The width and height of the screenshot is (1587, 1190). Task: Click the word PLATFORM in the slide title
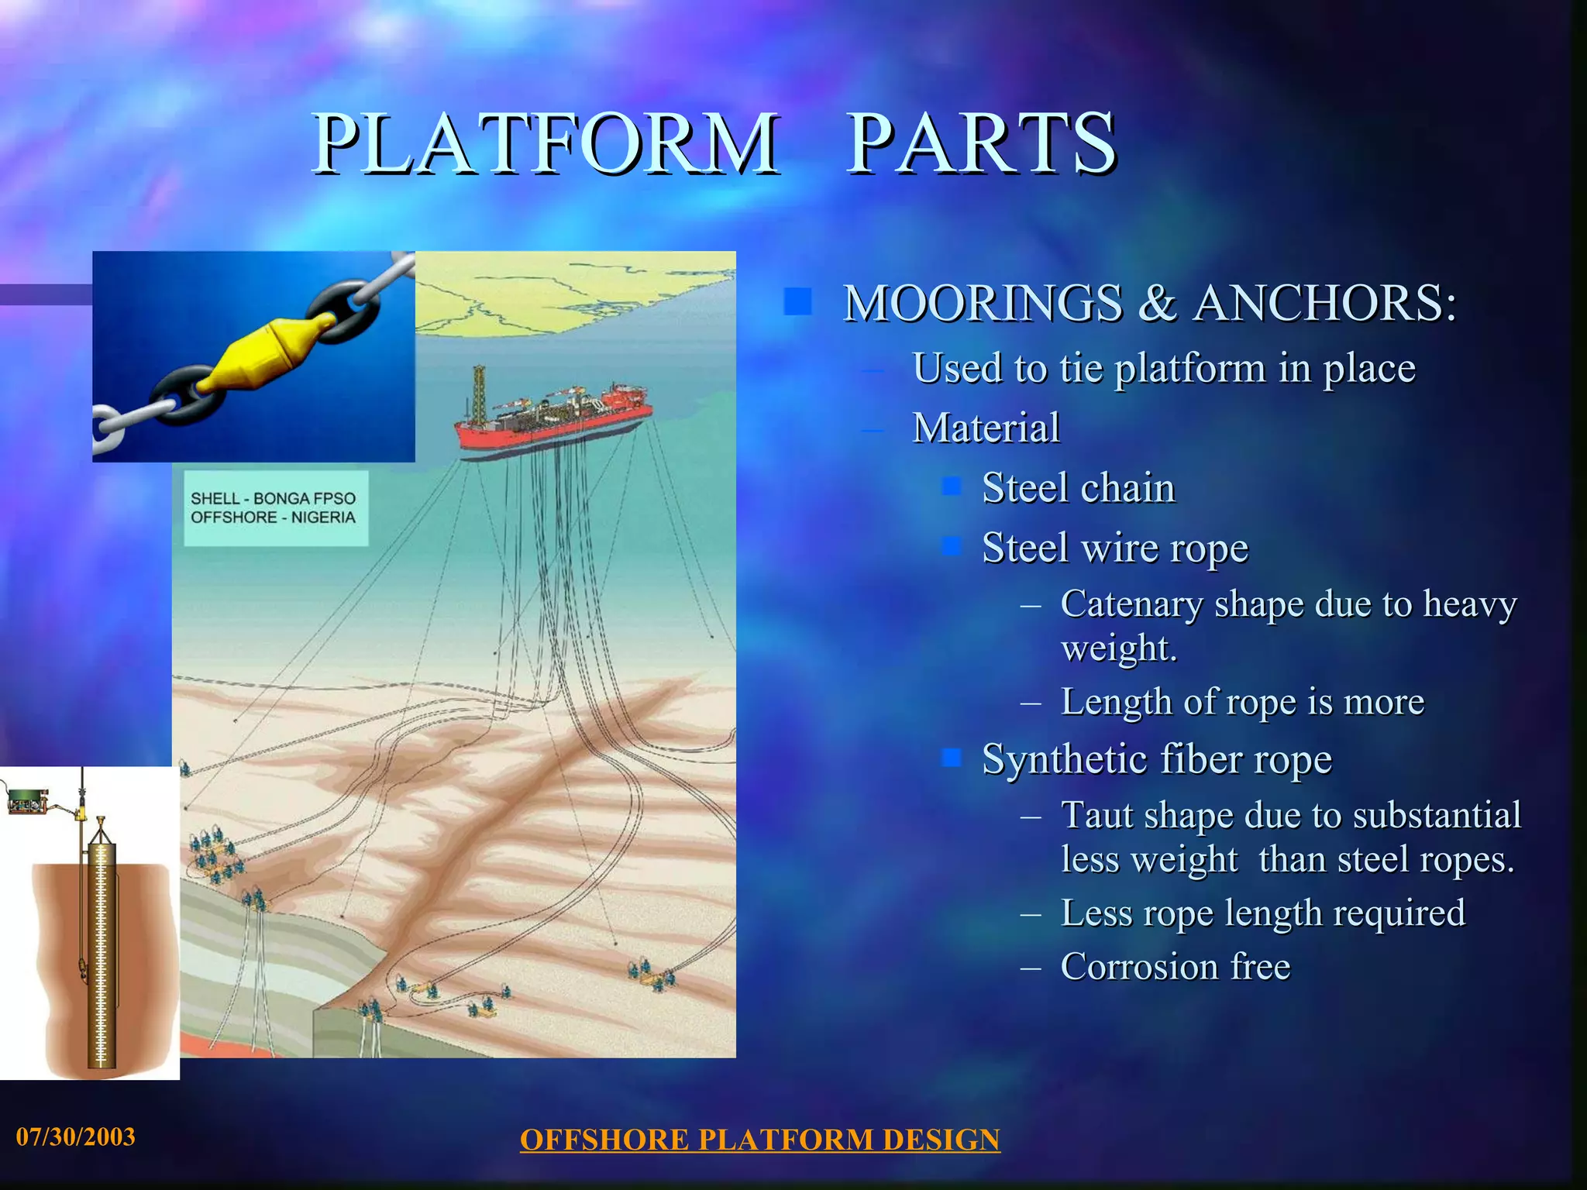click(545, 143)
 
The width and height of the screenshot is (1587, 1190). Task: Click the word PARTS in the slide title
click(981, 143)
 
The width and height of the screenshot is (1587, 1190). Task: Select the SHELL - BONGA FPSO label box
click(274, 508)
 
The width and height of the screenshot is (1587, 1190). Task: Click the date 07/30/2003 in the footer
click(76, 1137)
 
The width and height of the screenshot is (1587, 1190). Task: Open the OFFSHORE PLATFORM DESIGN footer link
click(759, 1140)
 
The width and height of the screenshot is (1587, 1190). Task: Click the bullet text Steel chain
click(1078, 488)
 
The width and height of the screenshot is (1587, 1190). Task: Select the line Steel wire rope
click(1114, 548)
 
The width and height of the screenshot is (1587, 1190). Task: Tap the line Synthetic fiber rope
click(1156, 758)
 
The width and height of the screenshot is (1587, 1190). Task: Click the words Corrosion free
click(1175, 967)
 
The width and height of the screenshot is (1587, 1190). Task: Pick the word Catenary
click(1131, 604)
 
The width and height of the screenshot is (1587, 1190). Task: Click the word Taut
click(1096, 815)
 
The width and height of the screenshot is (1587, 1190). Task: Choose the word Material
click(986, 428)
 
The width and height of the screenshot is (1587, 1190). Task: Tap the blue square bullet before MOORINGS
click(797, 302)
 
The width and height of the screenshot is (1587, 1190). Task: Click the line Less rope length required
click(1262, 913)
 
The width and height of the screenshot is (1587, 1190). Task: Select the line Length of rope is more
click(1242, 702)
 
